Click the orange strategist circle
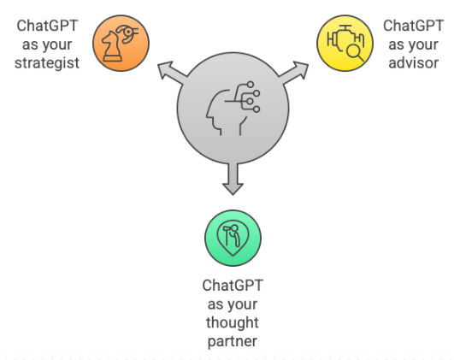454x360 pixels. point(121,43)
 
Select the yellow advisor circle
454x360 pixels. point(345,43)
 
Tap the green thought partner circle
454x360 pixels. point(233,238)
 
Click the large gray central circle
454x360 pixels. point(233,109)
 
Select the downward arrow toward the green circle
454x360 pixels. point(233,179)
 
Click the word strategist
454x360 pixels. point(47,63)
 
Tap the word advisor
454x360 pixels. point(413,63)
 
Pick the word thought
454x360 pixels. point(233,323)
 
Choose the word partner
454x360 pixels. point(233,341)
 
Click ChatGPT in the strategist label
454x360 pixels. point(47,26)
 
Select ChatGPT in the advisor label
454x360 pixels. point(413,26)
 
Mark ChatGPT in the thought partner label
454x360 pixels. point(233,286)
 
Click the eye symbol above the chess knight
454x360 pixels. point(127,33)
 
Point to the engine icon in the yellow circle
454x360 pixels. point(345,39)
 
